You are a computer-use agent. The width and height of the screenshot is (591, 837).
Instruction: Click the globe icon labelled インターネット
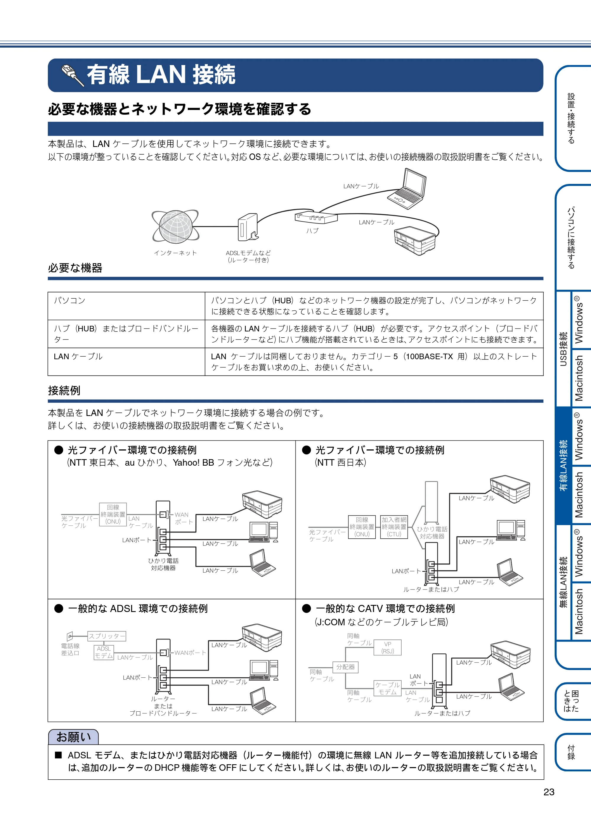pyautogui.click(x=175, y=226)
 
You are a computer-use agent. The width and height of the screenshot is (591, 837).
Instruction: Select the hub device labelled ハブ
pyautogui.click(x=316, y=217)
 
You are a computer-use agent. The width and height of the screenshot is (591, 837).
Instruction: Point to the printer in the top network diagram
pyautogui.click(x=415, y=241)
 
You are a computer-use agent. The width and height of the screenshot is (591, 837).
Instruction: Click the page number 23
pyautogui.click(x=549, y=792)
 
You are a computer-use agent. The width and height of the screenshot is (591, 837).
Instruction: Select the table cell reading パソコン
pyautogui.click(x=126, y=306)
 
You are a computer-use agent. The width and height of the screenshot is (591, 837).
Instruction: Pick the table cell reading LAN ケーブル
pyautogui.click(x=126, y=362)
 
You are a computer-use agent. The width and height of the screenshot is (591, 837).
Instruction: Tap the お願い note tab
pyautogui.click(x=73, y=737)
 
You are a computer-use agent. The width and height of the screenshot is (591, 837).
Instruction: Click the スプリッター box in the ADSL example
pyautogui.click(x=107, y=636)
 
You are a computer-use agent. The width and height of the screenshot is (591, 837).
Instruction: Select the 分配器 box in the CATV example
pyautogui.click(x=345, y=667)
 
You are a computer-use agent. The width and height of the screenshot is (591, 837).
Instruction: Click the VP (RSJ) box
pyautogui.click(x=388, y=647)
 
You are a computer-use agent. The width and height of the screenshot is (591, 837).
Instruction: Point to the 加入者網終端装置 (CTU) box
pyautogui.click(x=394, y=527)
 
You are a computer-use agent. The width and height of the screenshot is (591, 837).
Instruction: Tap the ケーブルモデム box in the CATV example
pyautogui.click(x=387, y=688)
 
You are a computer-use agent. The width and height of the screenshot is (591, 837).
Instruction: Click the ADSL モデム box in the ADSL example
pyautogui.click(x=104, y=653)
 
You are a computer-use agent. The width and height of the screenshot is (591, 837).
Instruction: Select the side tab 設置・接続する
pyautogui.click(x=572, y=119)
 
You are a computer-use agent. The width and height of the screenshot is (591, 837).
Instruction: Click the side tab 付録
pyautogui.click(x=572, y=752)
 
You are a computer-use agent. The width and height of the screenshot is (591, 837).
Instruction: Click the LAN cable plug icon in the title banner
pyautogui.click(x=72, y=75)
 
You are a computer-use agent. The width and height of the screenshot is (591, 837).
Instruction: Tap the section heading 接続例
pyautogui.click(x=64, y=391)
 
